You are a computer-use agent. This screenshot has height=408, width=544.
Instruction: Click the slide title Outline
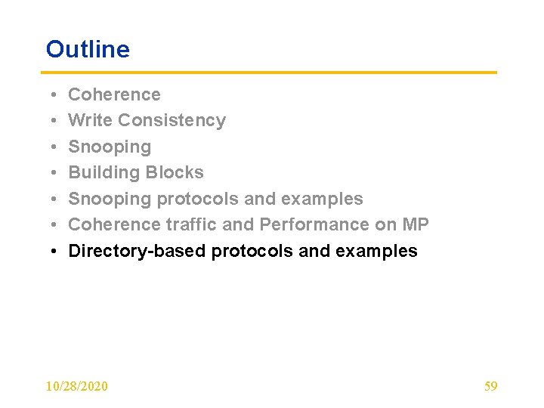88,49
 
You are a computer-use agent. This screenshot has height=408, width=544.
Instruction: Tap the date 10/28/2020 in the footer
76,386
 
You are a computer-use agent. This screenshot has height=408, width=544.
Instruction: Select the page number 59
490,386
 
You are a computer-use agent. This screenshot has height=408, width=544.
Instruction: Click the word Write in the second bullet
91,120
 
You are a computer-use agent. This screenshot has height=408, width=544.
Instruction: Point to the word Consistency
172,120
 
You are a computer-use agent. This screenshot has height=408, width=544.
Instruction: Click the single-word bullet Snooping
110,147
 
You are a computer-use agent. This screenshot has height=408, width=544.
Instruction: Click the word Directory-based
137,251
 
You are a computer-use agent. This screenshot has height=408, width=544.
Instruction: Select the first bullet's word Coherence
114,94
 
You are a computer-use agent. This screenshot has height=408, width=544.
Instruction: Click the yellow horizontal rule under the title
271,73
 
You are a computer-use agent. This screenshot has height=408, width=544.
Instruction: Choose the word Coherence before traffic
114,224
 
